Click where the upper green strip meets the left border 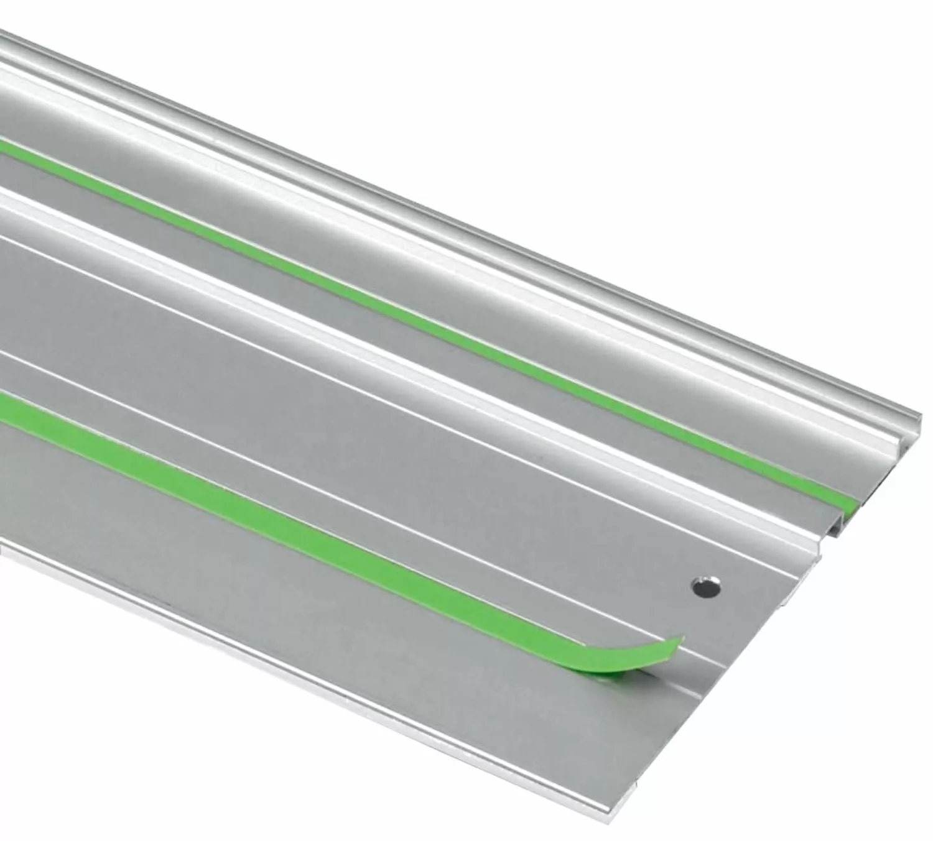point(3,145)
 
